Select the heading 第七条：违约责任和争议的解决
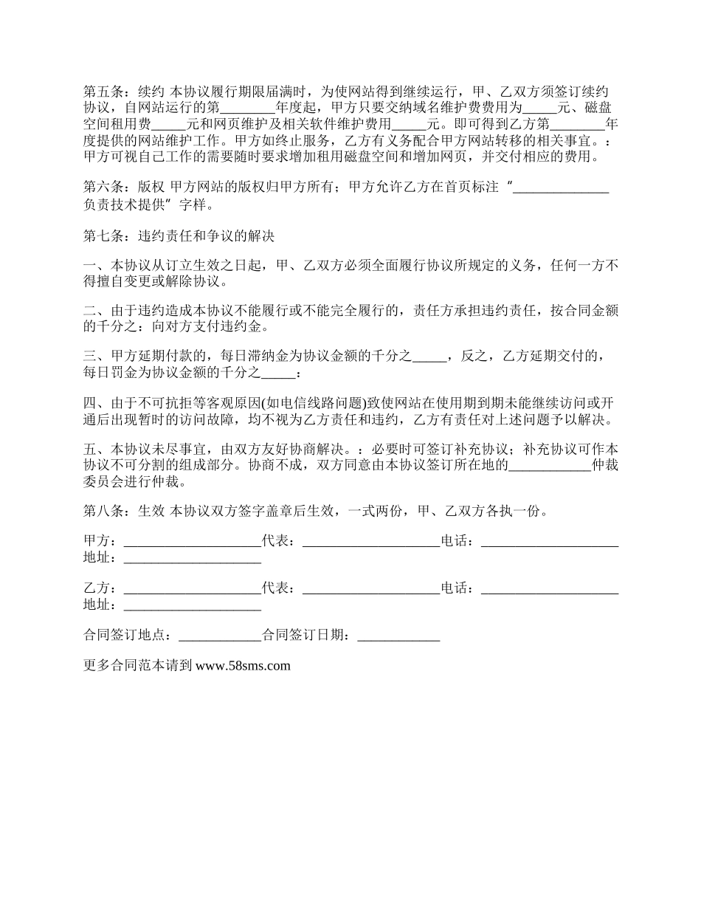click(179, 237)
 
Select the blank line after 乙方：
click(193, 589)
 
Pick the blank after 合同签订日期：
click(398, 636)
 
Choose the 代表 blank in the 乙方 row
click(371, 589)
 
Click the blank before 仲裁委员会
click(550, 467)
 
